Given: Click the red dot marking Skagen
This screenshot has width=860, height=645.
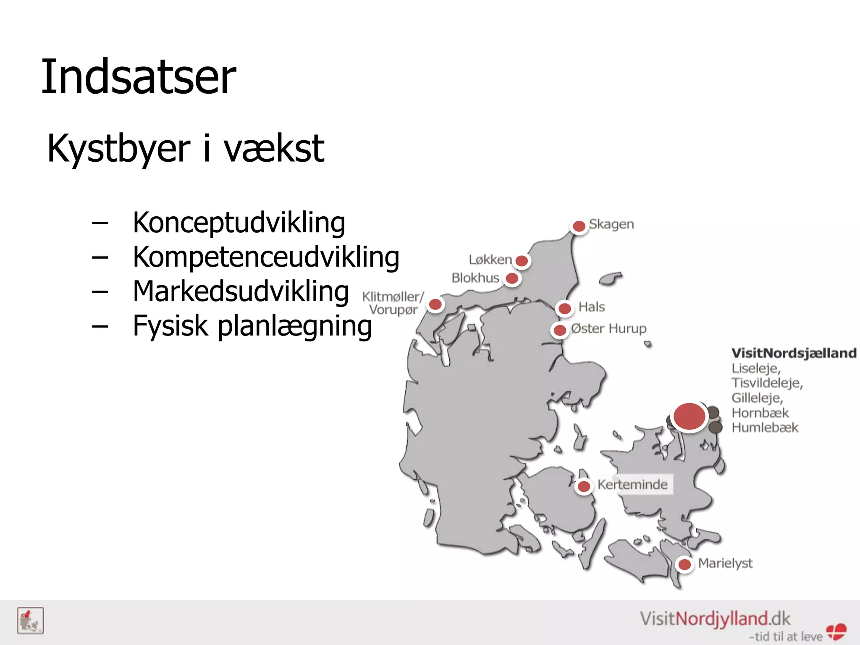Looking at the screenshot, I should point(579,226).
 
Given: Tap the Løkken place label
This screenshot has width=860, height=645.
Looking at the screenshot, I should point(490,260).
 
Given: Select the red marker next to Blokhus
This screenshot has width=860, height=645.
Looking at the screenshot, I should point(512,278).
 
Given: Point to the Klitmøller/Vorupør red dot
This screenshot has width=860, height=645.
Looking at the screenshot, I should point(435,304).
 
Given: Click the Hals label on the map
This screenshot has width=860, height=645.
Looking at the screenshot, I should point(591,307).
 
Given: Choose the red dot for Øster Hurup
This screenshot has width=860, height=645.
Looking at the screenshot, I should point(560,330).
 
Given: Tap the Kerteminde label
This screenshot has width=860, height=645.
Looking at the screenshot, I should point(632,485).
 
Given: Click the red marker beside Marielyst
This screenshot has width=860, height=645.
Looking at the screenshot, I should point(684,564).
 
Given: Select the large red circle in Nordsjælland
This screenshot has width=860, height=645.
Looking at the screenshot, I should point(689,416).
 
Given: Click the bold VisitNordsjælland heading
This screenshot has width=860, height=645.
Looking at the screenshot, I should point(794,353).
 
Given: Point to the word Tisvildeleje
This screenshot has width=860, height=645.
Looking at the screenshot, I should point(767,383).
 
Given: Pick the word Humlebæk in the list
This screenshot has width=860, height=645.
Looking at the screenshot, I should point(765,427).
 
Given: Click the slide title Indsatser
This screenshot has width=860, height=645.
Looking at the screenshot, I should point(139,77).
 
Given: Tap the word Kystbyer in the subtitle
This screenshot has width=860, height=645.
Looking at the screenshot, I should point(119,148).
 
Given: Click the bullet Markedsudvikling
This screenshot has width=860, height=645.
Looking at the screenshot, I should point(241,291).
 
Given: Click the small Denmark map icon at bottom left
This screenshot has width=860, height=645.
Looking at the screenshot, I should point(30,621).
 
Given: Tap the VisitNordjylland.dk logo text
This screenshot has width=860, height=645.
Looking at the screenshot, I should point(715,619).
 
